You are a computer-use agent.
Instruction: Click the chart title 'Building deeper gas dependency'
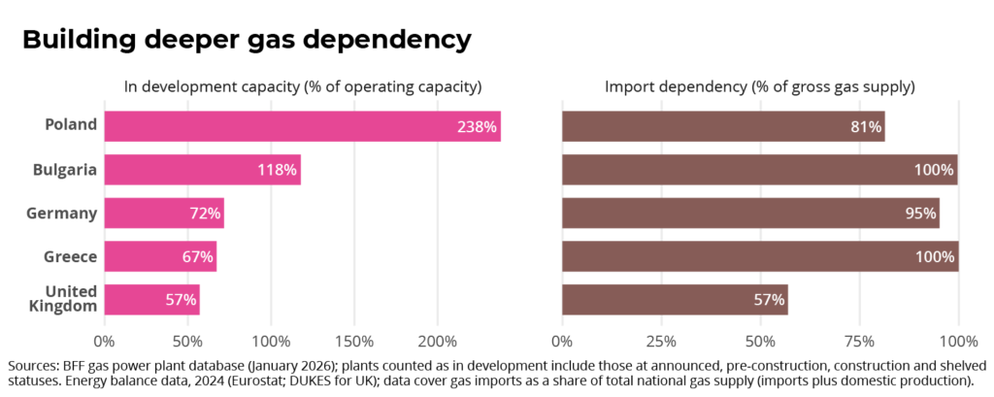pos(248,40)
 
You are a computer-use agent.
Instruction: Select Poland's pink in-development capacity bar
pos(303,126)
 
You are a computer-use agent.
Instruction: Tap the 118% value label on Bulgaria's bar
pos(277,170)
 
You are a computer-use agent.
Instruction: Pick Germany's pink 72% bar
pos(164,214)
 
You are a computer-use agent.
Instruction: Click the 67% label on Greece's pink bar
pos(198,257)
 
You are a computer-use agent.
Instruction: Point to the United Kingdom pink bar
pos(152,299)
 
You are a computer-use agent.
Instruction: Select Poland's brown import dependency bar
pos(723,126)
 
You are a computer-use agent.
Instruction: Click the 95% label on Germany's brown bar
pos(921,214)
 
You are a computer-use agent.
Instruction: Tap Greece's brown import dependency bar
pos(760,256)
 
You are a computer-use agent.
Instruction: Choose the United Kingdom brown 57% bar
pos(676,299)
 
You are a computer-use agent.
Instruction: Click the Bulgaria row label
pos(65,170)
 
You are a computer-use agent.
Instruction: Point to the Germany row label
pos(61,214)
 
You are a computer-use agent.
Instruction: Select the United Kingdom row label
pos(71,299)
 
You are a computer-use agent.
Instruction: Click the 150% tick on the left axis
pos(353,342)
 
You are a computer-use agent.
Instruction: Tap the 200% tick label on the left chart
pos(438,342)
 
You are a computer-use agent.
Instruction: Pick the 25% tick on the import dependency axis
pos(661,342)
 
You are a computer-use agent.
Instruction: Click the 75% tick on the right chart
pos(860,342)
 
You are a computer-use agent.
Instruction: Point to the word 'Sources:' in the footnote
pos(33,366)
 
